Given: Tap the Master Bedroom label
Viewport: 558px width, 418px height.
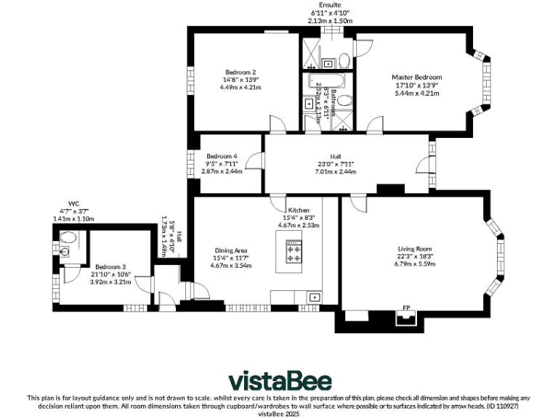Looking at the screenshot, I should point(416,77).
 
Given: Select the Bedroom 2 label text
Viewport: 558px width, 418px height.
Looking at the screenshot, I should point(240,72).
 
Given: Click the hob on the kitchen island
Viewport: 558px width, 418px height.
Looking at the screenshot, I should point(294,252).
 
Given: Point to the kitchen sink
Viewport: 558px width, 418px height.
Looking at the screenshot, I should point(314,296).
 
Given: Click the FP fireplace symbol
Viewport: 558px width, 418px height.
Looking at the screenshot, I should point(405,316).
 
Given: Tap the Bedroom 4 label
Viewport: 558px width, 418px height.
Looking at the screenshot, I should point(222,156).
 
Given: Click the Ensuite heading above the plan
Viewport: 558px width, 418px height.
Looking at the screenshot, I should point(329,4).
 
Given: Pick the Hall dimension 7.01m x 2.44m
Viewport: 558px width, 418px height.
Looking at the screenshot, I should point(335,171).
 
